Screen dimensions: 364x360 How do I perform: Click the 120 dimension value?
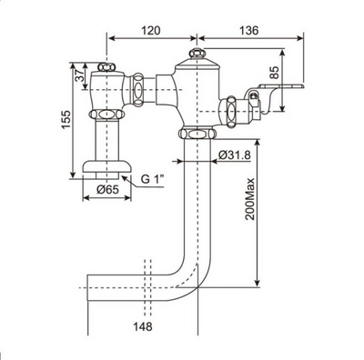click(x=151, y=30)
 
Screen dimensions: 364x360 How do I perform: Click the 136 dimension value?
click(x=249, y=30)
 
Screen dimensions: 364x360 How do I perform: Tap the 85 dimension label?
click(x=274, y=73)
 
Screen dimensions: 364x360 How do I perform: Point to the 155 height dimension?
click(x=66, y=119)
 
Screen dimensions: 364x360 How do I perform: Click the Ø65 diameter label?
click(x=108, y=190)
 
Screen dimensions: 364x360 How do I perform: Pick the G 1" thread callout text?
click(x=153, y=179)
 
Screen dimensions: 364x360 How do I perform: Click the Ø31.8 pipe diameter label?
click(x=234, y=155)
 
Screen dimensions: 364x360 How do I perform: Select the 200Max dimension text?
click(x=250, y=199)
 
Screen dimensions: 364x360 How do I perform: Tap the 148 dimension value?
click(x=143, y=326)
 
